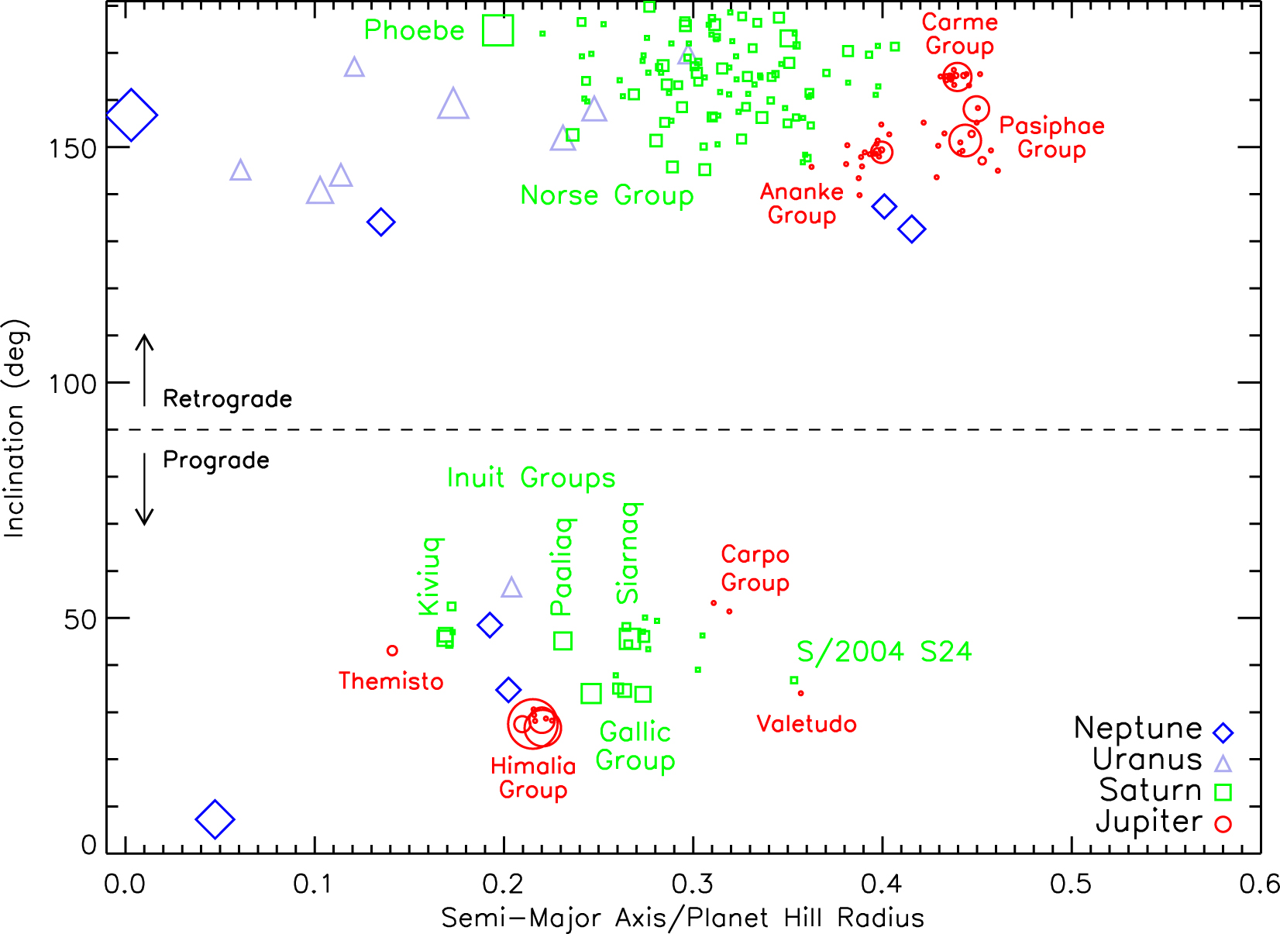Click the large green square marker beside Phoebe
[x=497, y=30]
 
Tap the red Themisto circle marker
[x=392, y=650]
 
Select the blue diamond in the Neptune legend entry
[x=1223, y=732]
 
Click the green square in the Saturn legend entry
[x=1223, y=792]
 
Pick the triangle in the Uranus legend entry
[x=1223, y=763]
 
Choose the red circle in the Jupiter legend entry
[x=1223, y=824]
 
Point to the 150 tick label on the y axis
[x=72, y=148]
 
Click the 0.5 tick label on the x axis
[x=1071, y=884]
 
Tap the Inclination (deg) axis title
[x=15, y=429]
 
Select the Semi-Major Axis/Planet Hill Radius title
[x=683, y=918]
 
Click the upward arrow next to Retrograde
[x=144, y=370]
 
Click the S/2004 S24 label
[x=884, y=652]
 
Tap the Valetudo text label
[x=807, y=725]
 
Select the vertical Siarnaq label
[x=628, y=553]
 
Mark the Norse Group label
[x=607, y=195]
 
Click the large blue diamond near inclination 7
[x=215, y=819]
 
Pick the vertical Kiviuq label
[x=430, y=576]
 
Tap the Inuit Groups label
[x=531, y=478]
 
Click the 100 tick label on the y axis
[x=72, y=384]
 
